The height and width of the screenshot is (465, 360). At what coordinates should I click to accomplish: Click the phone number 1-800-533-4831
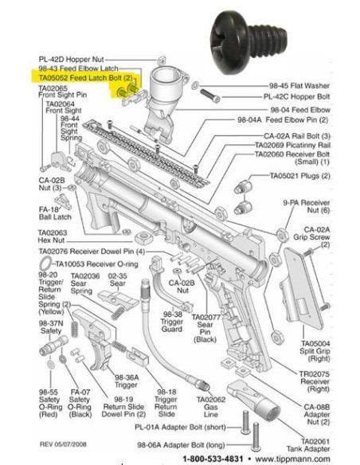click(214, 459)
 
